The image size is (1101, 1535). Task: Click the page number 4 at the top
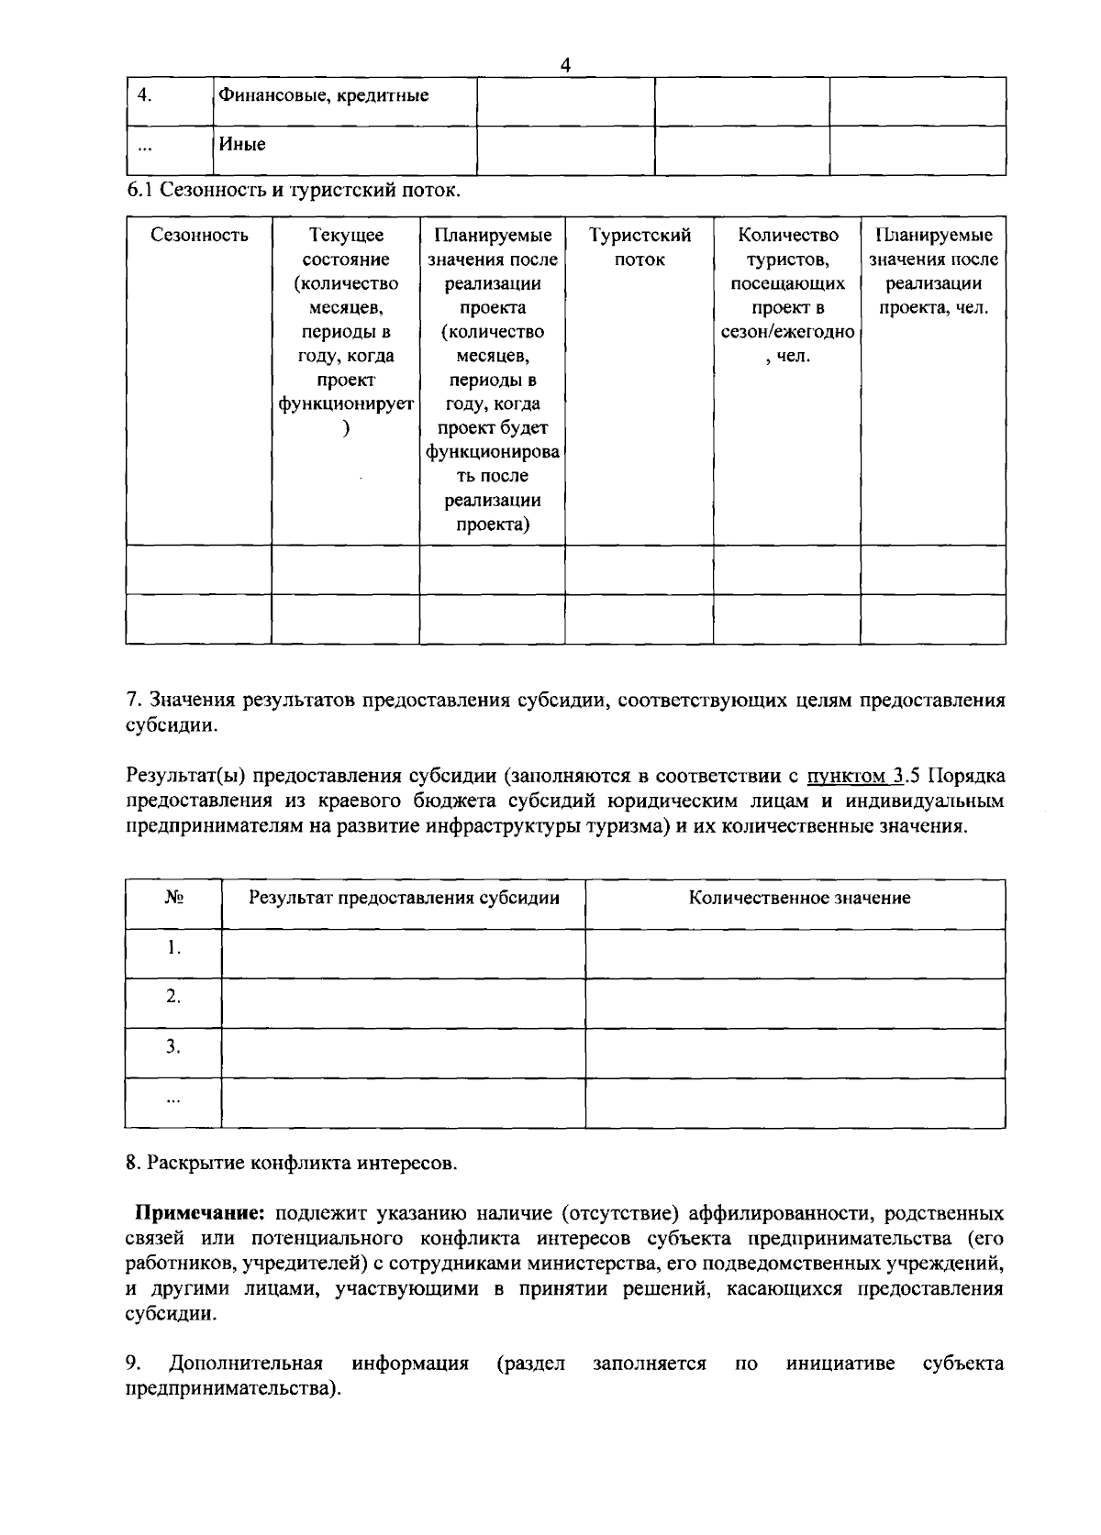tap(565, 65)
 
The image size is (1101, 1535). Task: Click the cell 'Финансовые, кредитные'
tap(322, 95)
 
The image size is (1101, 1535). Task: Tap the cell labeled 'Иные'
tap(242, 144)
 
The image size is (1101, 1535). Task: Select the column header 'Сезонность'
tap(199, 236)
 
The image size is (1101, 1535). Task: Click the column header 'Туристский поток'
tap(639, 248)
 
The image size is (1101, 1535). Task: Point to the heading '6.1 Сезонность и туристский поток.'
tap(293, 191)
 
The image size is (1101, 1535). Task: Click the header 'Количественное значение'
tap(799, 898)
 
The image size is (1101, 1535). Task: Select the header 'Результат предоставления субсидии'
tap(404, 898)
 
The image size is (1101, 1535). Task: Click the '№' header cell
tap(173, 898)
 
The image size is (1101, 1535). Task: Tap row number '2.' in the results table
tap(173, 997)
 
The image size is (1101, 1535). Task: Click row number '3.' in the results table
tap(173, 1046)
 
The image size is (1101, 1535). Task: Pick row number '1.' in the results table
tap(173, 947)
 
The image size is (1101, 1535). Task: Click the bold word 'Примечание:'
tap(200, 1214)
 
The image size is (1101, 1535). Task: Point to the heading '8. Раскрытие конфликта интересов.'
tap(291, 1164)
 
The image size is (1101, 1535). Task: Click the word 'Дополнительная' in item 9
tap(245, 1364)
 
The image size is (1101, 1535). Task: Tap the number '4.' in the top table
tap(143, 95)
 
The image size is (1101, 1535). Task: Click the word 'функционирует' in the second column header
tap(346, 403)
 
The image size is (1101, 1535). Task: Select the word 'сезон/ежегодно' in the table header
tap(787, 332)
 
